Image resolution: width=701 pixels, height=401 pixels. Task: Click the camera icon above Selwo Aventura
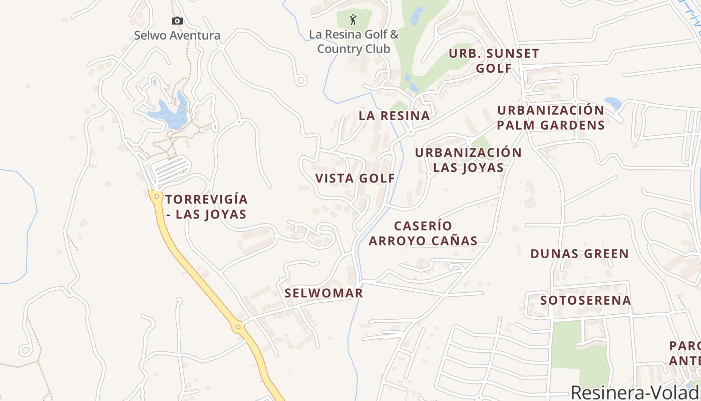tap(177, 21)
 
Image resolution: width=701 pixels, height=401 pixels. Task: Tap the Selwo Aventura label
tap(177, 36)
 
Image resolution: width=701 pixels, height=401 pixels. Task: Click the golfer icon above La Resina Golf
tap(354, 20)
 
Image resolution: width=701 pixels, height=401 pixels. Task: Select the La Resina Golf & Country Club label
tap(354, 42)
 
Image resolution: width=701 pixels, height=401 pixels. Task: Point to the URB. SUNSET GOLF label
tap(494, 61)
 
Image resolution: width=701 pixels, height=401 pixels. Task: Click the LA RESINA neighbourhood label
tap(394, 116)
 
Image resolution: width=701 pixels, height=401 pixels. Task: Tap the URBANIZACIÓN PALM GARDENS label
tap(551, 118)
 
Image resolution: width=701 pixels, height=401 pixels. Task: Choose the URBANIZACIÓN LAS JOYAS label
tap(468, 160)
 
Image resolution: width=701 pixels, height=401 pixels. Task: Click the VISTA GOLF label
tap(355, 178)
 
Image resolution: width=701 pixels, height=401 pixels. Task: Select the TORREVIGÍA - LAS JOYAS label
tap(206, 207)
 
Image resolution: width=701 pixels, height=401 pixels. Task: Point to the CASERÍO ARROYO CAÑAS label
tap(423, 233)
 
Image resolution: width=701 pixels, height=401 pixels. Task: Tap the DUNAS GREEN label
tap(579, 254)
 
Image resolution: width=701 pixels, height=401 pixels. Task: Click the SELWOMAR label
tap(323, 293)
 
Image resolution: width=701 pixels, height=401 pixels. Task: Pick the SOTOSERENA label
tap(585, 300)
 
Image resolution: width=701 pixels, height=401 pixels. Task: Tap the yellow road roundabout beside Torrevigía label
tap(157, 196)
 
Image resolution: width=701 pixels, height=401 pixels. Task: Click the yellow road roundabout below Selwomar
tap(238, 327)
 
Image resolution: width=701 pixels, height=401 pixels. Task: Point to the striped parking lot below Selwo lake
tap(170, 168)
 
